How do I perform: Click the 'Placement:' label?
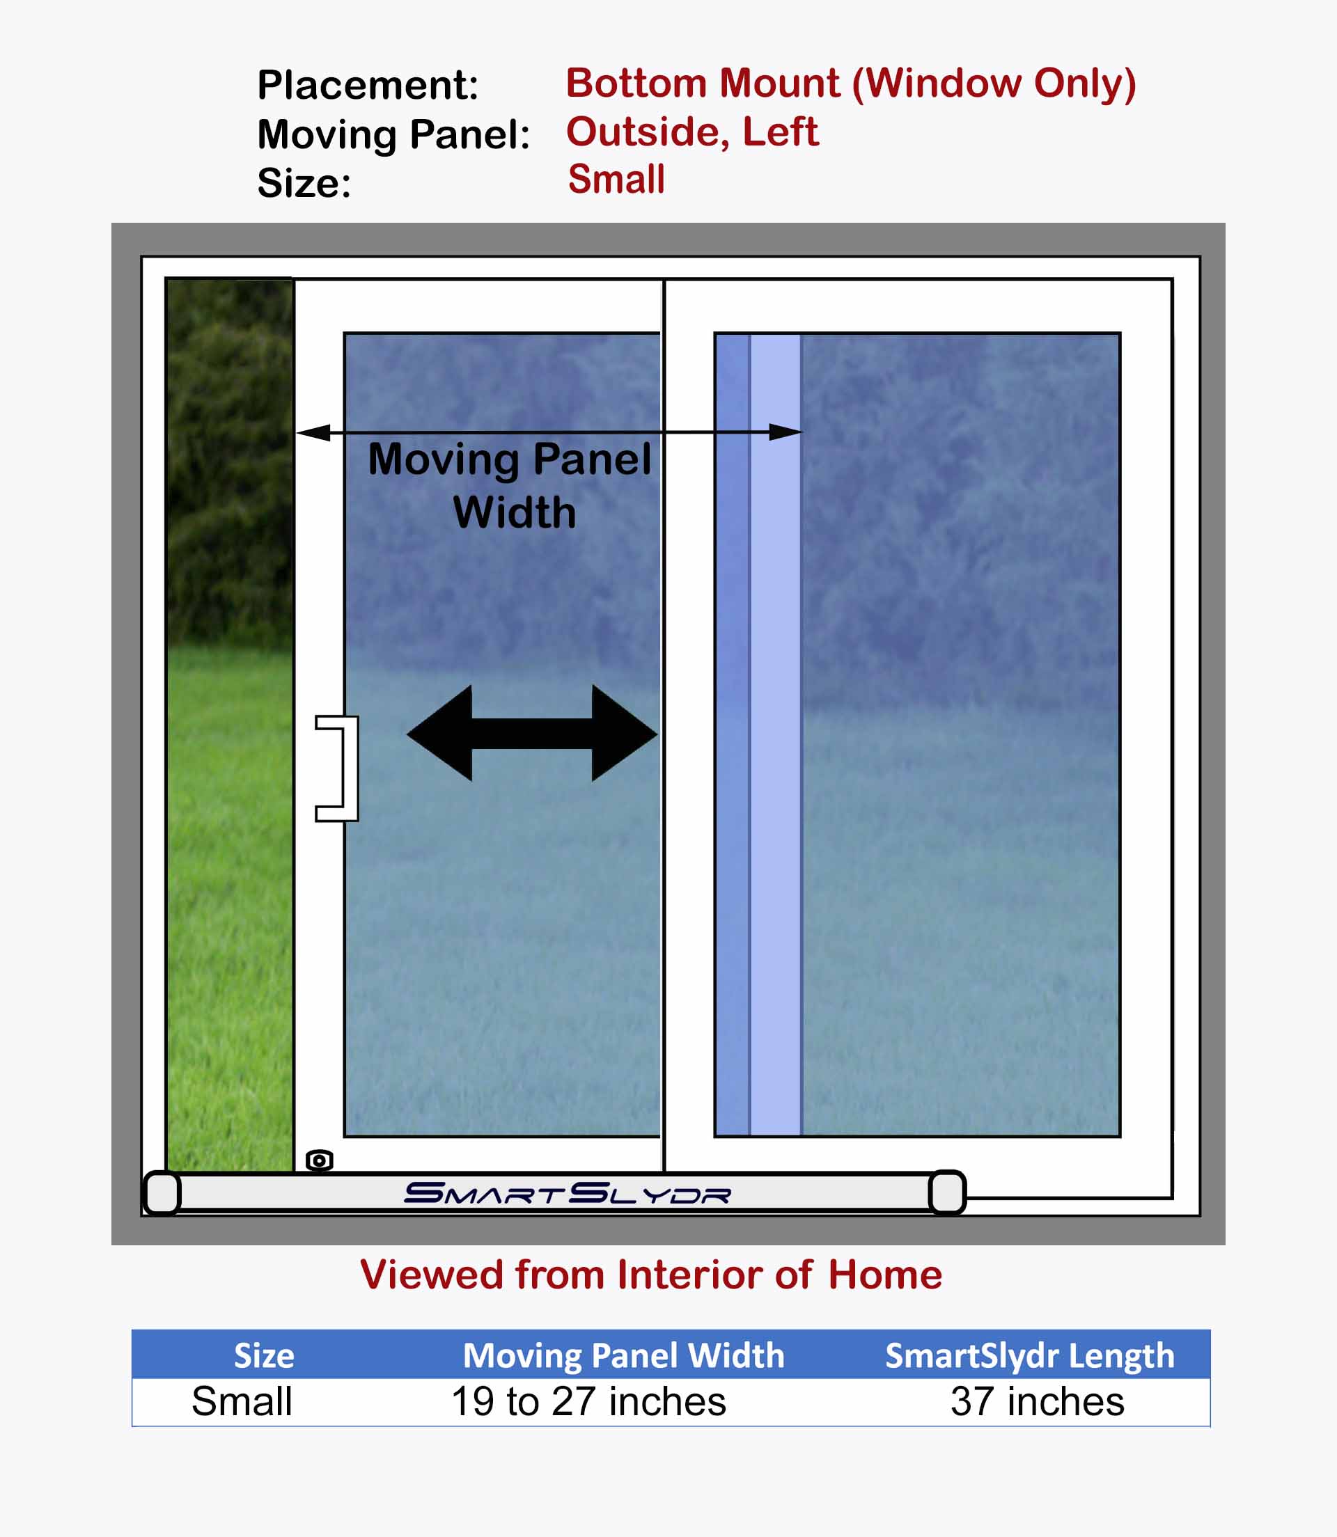click(368, 84)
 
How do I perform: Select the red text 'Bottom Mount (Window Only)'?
click(851, 84)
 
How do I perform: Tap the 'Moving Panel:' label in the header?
click(393, 135)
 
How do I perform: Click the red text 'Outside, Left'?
click(692, 132)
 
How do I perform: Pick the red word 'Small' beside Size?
click(616, 179)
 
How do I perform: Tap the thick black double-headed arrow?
click(532, 733)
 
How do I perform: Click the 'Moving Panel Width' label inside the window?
click(510, 485)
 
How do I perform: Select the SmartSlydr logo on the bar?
click(567, 1193)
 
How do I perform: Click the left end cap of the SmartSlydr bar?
click(162, 1193)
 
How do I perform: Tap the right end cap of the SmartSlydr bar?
click(948, 1192)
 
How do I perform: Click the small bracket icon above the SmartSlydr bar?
click(320, 1160)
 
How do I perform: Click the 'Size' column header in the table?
click(264, 1356)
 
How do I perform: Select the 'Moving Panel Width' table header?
click(624, 1356)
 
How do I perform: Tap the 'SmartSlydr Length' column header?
click(1030, 1357)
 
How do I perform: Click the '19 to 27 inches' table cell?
click(588, 1401)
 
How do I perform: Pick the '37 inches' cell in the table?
click(1037, 1401)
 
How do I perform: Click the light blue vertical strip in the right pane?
click(775, 734)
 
